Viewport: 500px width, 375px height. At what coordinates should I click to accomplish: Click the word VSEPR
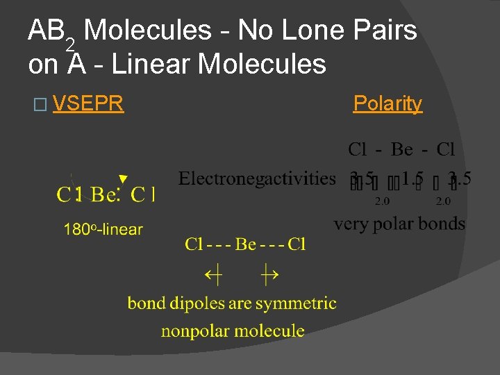(87, 103)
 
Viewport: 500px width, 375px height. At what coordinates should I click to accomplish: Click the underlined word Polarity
(387, 103)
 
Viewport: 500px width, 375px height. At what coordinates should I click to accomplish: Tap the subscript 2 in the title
(70, 44)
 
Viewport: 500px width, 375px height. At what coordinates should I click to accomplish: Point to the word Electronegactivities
(257, 178)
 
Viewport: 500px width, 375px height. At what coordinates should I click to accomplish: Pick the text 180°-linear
(103, 229)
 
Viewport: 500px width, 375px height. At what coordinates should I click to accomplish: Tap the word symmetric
(296, 303)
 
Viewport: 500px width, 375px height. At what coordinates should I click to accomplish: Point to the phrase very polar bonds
(399, 224)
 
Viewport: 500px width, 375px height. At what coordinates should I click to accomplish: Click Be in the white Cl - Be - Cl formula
(401, 149)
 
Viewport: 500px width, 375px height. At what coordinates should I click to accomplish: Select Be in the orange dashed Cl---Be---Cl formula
(246, 244)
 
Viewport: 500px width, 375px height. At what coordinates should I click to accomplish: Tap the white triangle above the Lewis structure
(123, 179)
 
